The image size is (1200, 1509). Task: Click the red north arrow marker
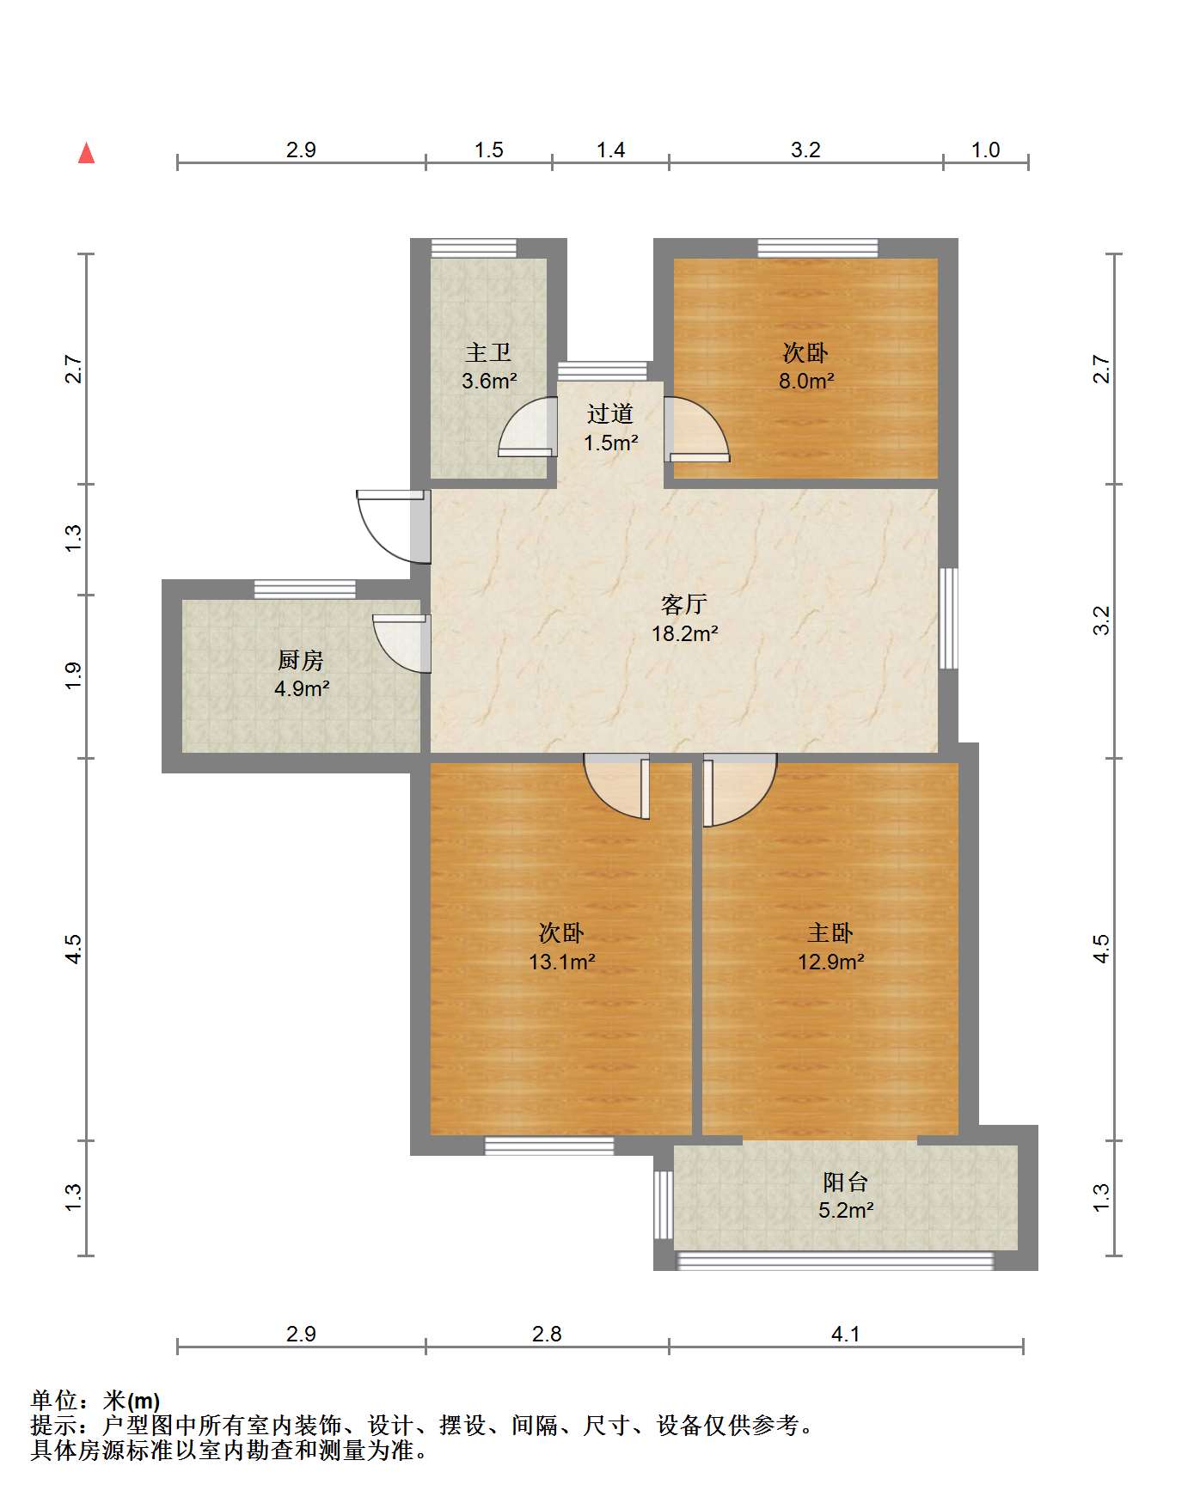point(86,153)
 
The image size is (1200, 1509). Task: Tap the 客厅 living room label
point(684,604)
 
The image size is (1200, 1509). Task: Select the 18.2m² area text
point(685,634)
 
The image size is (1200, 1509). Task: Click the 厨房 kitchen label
point(301,660)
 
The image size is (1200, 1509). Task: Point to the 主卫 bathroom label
point(488,352)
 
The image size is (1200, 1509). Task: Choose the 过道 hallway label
point(610,414)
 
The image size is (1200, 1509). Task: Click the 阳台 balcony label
point(846,1182)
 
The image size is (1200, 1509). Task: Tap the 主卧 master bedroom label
point(830,933)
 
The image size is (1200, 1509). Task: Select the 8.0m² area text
point(806,382)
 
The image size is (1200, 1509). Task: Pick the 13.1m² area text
point(562,962)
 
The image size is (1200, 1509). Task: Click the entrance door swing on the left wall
point(392,526)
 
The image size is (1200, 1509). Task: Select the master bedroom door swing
point(740,790)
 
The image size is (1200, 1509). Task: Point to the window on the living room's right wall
point(948,618)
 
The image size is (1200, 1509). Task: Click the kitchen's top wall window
point(305,590)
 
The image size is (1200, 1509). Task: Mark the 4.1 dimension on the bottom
point(846,1334)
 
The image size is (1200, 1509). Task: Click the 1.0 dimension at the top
point(985,150)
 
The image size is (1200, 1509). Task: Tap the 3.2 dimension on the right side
point(1102,620)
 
